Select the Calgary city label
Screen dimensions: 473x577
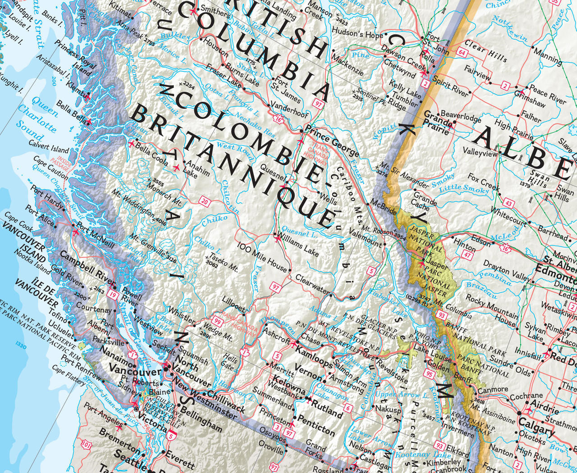coord(536,426)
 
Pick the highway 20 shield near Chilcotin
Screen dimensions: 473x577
coord(205,202)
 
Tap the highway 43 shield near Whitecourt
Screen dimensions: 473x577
coord(508,203)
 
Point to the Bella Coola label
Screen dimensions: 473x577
coord(151,154)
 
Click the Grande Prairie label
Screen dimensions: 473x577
coord(438,123)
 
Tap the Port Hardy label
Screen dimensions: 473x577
coord(47,197)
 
